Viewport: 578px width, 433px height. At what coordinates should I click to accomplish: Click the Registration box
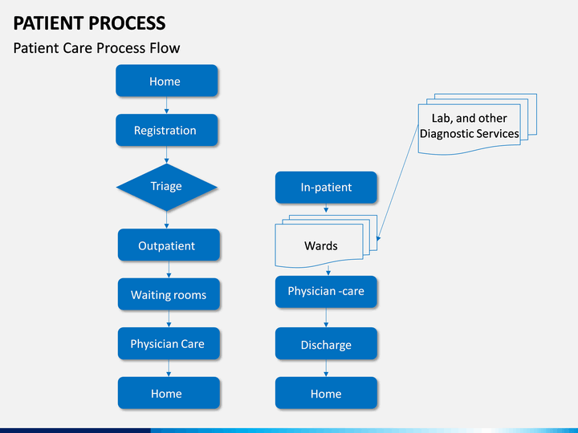coord(167,130)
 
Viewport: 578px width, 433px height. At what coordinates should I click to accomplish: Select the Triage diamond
coord(167,187)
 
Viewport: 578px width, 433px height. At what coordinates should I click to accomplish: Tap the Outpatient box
coord(169,245)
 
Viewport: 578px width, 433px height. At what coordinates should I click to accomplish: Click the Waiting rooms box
coord(169,293)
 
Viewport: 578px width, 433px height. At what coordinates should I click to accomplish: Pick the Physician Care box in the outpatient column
coord(169,343)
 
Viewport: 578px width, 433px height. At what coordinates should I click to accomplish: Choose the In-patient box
coord(326,187)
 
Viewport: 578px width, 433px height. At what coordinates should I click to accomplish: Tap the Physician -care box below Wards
coord(326,292)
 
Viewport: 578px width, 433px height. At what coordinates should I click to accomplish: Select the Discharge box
coord(326,343)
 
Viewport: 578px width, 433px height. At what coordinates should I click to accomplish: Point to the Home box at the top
coord(167,81)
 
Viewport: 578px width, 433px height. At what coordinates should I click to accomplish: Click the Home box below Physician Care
coord(169,393)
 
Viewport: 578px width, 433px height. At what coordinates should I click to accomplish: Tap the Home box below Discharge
coord(326,393)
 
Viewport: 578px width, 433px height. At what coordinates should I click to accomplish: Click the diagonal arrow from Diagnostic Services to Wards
coord(397,183)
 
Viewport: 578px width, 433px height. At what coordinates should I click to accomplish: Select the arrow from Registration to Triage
coord(167,155)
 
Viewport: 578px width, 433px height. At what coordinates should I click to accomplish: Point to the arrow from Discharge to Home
coord(326,368)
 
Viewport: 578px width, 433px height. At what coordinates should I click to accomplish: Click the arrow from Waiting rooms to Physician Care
coord(169,319)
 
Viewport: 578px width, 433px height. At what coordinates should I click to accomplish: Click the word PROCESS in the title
coord(128,23)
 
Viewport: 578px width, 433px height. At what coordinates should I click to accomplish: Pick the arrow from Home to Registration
coord(167,106)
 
